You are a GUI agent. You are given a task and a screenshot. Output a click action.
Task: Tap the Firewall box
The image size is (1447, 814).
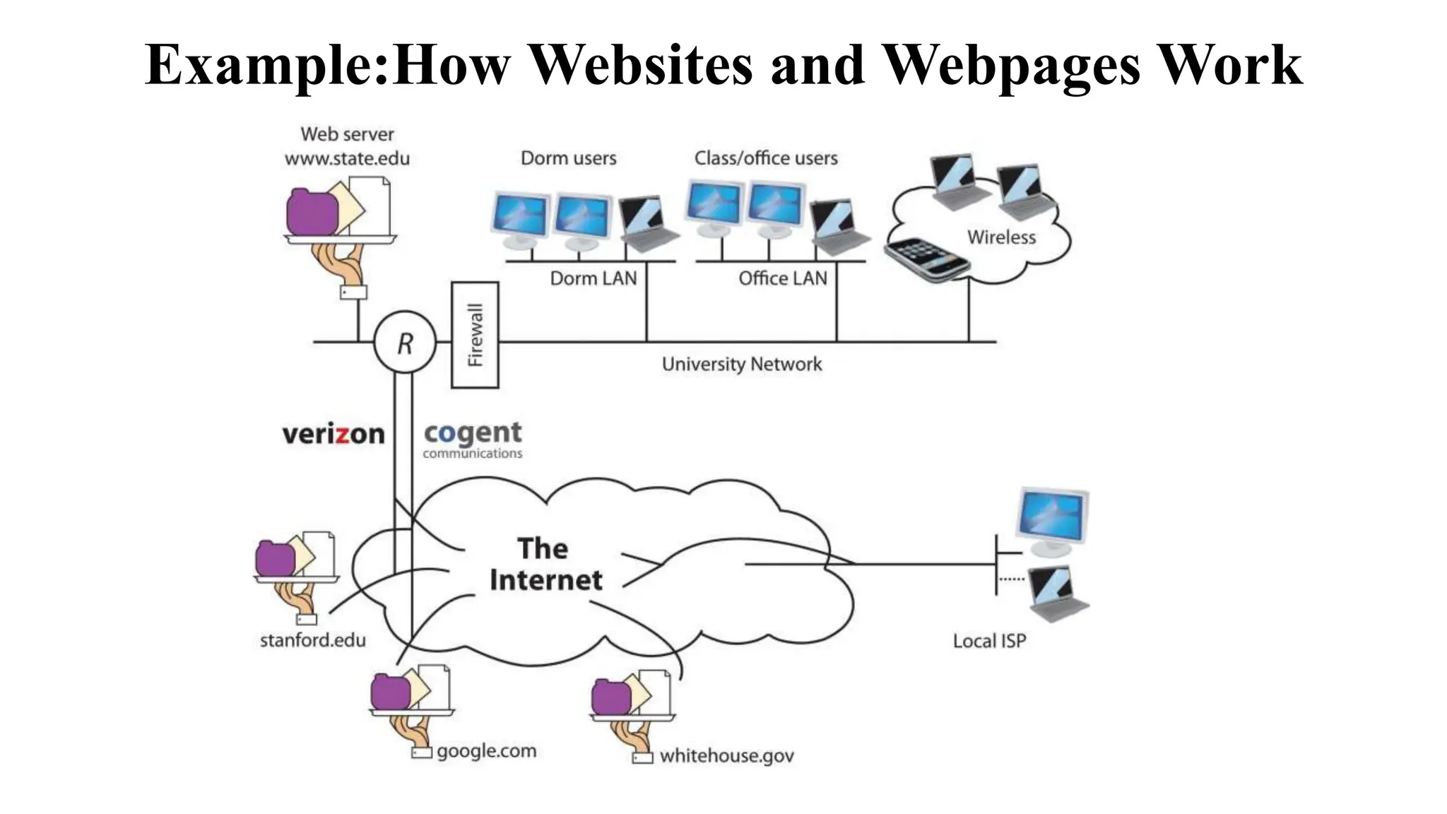tap(475, 335)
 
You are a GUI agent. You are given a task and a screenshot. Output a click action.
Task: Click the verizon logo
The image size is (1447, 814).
tap(333, 434)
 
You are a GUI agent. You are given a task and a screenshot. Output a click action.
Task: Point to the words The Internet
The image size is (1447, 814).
tap(545, 564)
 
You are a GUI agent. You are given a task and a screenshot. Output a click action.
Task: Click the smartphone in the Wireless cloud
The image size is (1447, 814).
tap(926, 260)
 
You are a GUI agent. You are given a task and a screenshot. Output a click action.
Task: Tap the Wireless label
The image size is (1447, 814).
tap(1001, 237)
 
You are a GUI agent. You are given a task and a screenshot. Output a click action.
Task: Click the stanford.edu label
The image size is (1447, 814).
tap(312, 640)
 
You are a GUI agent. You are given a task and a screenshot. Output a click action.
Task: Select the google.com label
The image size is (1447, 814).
tap(486, 750)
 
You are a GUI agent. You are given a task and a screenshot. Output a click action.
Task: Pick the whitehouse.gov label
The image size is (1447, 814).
tap(726, 756)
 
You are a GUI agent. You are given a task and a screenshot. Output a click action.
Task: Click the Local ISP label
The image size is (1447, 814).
tap(988, 641)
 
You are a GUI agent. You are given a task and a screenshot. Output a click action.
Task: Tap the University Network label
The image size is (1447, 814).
tap(741, 364)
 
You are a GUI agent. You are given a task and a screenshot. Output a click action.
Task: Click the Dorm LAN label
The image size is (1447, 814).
tap(593, 278)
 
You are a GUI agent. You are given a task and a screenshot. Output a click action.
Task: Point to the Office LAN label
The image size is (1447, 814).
tap(782, 278)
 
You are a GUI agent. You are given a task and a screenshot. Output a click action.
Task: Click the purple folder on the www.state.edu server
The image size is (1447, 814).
tap(311, 212)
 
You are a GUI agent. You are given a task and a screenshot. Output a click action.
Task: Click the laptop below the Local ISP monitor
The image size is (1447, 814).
tap(1056, 594)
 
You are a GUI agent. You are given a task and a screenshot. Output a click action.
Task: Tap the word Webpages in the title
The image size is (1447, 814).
tap(1011, 65)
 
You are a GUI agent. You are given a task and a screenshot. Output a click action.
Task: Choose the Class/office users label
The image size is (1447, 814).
tap(765, 158)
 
